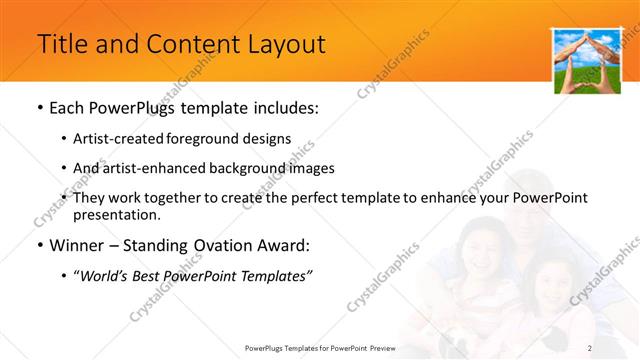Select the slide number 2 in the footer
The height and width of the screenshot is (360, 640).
590,347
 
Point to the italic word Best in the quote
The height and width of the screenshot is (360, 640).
158,275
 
